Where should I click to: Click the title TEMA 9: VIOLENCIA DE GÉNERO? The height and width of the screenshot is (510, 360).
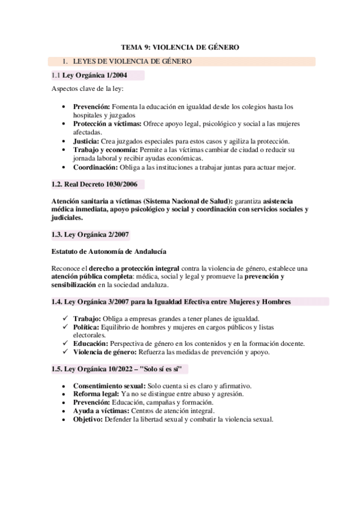180,46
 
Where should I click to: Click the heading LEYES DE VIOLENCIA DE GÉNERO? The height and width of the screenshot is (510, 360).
132,61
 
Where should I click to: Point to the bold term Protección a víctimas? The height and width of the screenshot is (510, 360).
108,123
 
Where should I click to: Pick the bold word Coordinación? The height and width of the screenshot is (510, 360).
96,167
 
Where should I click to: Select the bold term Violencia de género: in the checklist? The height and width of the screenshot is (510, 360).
102,352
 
